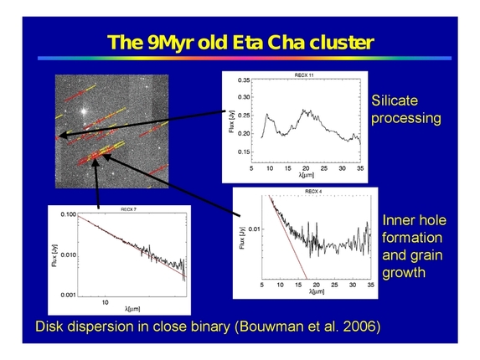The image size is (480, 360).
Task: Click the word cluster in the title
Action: [x=338, y=41]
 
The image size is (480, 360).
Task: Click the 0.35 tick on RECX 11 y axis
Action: [x=244, y=80]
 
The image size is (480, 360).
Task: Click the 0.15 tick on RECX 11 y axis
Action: [x=244, y=152]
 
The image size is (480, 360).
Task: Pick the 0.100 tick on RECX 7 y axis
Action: [x=68, y=215]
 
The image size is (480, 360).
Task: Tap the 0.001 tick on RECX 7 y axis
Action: [x=68, y=294]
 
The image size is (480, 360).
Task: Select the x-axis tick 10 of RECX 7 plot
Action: [x=106, y=301]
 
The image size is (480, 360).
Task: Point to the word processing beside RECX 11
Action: [x=405, y=118]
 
